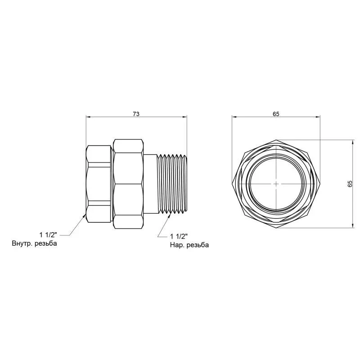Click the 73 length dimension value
click(136, 114)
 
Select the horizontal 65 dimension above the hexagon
click(276, 114)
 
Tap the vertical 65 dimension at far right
click(350, 184)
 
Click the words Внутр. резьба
click(35, 243)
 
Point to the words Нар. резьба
click(189, 245)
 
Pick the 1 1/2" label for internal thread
click(48, 235)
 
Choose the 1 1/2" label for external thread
click(179, 236)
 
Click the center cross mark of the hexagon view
click(276, 184)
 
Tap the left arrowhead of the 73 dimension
click(88, 117)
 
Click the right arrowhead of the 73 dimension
click(185, 117)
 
